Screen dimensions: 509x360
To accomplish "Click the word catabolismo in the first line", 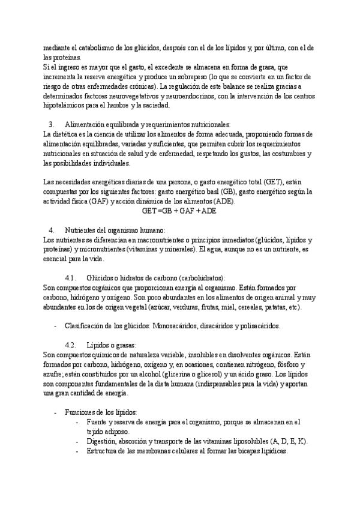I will [94, 47].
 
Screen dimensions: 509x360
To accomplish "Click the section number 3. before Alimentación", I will [51, 124].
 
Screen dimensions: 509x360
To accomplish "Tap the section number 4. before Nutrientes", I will [51, 230].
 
